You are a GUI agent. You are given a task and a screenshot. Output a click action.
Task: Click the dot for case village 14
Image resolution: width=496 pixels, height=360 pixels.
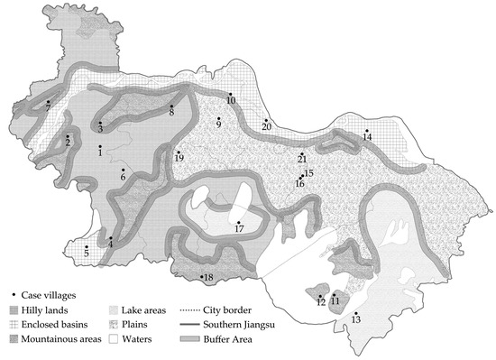tap(366, 130)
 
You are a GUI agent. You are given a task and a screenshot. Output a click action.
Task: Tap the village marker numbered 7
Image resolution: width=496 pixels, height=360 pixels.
tap(48, 102)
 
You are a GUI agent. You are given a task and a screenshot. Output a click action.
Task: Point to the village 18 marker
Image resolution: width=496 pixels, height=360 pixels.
tap(201, 277)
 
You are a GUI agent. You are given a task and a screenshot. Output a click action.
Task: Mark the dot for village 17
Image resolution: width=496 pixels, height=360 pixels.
tap(238, 223)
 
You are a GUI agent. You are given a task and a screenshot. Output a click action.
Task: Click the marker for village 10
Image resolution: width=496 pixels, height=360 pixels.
tap(230, 94)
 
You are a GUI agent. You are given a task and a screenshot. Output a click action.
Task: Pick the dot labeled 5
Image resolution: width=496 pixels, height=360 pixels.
tap(87, 247)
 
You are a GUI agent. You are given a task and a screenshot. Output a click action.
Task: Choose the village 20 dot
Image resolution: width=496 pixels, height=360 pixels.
tap(265, 120)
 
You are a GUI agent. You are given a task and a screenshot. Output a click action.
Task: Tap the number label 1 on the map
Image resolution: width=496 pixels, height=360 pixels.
tap(100, 152)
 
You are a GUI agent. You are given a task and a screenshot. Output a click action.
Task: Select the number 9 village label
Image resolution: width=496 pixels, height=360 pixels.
tap(218, 125)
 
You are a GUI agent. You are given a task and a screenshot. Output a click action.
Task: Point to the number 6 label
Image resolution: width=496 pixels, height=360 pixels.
tap(124, 177)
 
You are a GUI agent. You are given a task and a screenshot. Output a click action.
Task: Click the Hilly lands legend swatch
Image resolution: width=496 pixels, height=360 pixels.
tap(14, 309)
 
